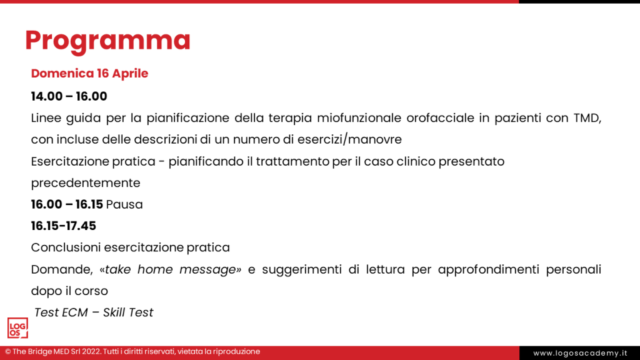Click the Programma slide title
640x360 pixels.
pyautogui.click(x=107, y=40)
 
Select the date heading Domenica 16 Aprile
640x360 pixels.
pyautogui.click(x=89, y=73)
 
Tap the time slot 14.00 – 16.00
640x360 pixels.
pyautogui.click(x=69, y=96)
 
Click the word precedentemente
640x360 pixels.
pyautogui.click(x=86, y=183)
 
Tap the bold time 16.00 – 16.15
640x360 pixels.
pyautogui.click(x=67, y=204)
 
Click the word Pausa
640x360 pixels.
pyautogui.click(x=124, y=204)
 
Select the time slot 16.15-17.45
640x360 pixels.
pyautogui.click(x=63, y=226)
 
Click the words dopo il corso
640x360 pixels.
pyautogui.click(x=69, y=291)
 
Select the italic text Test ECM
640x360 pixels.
pyautogui.click(x=61, y=312)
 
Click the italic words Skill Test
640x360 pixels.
pyautogui.click(x=128, y=312)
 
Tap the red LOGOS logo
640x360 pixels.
pyautogui.click(x=17, y=328)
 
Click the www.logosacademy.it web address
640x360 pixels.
pyautogui.click(x=579, y=353)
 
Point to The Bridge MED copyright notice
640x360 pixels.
pyautogui.click(x=132, y=352)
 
